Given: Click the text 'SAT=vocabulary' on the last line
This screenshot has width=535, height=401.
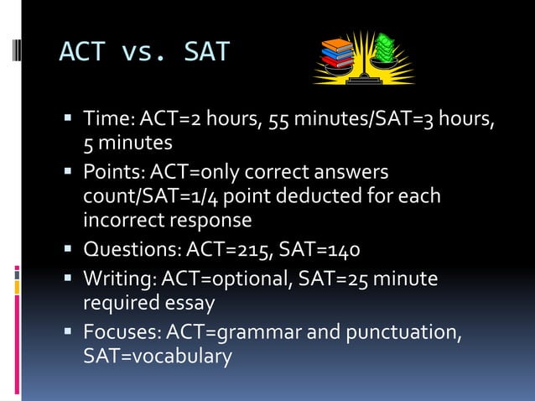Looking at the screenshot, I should (x=157, y=356).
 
